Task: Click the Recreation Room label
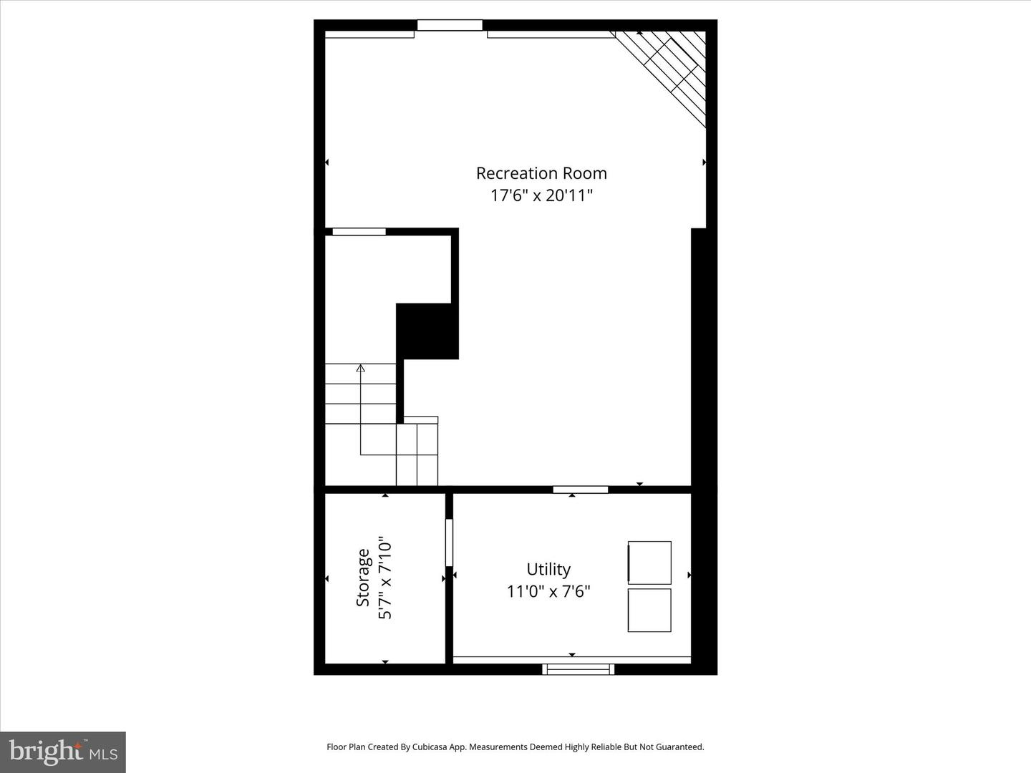click(x=541, y=173)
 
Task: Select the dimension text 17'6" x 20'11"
click(x=541, y=195)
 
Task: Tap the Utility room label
click(x=548, y=569)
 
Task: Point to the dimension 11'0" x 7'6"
click(x=548, y=592)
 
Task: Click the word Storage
click(x=364, y=578)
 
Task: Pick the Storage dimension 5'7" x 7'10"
click(x=385, y=578)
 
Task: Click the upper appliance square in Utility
click(x=649, y=563)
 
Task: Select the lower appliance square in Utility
click(x=649, y=610)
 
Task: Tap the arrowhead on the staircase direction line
click(x=360, y=369)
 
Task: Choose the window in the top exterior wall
click(x=450, y=25)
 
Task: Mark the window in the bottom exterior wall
click(x=578, y=669)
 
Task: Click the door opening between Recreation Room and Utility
click(x=580, y=490)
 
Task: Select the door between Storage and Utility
click(x=449, y=543)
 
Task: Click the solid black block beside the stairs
click(x=427, y=331)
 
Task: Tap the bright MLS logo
click(x=63, y=752)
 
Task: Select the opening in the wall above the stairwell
click(x=359, y=231)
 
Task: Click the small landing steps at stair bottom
click(x=417, y=451)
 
